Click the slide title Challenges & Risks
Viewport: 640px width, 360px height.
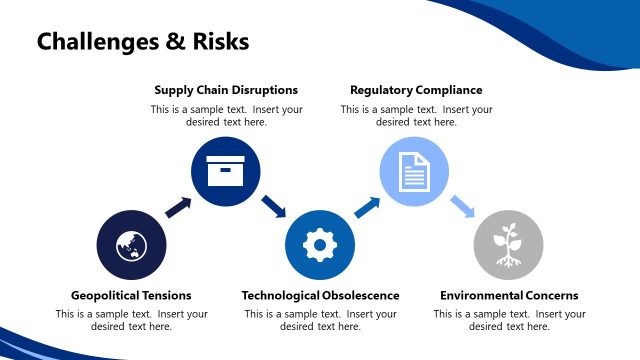142,42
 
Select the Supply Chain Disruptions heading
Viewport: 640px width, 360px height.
226,90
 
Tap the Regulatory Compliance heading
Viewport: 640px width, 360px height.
416,90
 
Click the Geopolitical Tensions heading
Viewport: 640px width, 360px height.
131,295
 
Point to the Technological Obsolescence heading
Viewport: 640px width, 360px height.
320,295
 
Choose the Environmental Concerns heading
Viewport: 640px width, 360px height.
509,295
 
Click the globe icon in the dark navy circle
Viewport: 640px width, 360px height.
131,245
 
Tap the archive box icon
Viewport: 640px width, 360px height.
226,171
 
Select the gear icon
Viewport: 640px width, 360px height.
320,245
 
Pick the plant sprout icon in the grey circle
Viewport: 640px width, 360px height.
508,245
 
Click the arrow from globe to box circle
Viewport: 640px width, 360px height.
178,207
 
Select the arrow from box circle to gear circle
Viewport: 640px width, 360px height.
273,207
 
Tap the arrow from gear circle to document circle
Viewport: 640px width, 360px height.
367,207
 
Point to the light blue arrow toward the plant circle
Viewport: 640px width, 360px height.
461,207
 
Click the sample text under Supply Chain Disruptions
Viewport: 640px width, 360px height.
226,115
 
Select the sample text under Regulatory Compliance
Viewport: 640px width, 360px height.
416,115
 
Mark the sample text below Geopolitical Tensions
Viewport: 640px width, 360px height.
131,320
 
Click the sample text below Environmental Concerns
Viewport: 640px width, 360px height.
509,320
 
